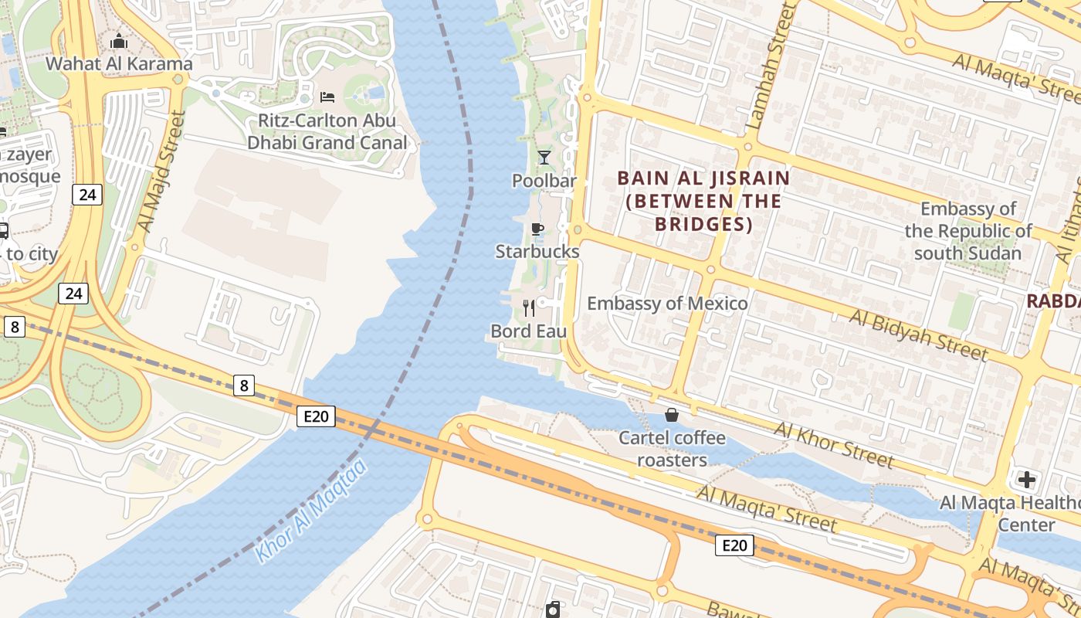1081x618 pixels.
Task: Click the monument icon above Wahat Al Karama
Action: click(118, 41)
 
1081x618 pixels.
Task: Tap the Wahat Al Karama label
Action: click(118, 63)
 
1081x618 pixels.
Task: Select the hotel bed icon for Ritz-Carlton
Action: click(327, 97)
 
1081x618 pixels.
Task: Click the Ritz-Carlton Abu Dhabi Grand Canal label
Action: click(327, 131)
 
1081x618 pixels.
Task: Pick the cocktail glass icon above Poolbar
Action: click(544, 158)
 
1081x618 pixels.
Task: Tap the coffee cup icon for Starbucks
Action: click(537, 229)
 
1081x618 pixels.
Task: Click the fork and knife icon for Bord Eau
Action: click(529, 308)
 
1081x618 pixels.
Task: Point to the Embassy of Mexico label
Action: click(667, 303)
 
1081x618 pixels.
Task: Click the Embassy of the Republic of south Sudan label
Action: click(968, 230)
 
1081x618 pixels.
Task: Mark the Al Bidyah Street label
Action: click(918, 335)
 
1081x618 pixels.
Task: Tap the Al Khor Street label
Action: click(833, 445)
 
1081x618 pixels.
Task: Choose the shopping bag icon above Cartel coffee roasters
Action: click(672, 415)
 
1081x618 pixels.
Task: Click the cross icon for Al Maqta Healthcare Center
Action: click(1026, 480)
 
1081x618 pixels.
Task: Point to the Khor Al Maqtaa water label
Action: click(310, 511)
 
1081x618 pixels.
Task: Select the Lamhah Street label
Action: click(768, 66)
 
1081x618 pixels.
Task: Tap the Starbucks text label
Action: click(537, 251)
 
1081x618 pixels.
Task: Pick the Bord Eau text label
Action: click(529, 331)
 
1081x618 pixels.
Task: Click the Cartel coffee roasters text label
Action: click(672, 449)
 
